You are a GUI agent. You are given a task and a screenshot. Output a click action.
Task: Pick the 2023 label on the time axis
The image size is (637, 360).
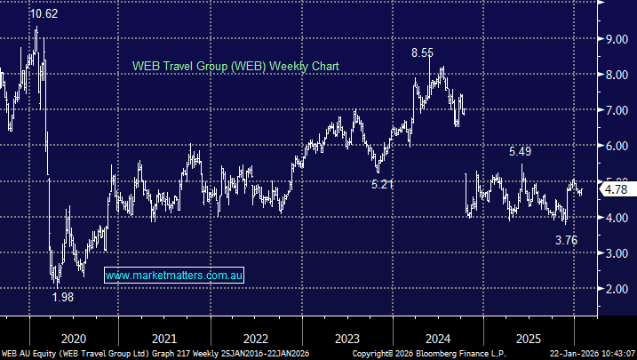pos(347,339)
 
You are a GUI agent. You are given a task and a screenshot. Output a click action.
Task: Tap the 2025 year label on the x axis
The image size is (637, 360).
pos(530,339)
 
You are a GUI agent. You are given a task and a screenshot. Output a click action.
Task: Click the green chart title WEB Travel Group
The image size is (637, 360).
pos(235,67)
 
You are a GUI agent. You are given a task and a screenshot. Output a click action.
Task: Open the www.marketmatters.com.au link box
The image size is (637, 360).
pos(174,276)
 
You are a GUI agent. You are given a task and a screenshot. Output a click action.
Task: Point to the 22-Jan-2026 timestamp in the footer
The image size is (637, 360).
pos(591,354)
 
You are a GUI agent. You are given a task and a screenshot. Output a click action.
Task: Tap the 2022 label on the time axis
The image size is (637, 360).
pos(256,339)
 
